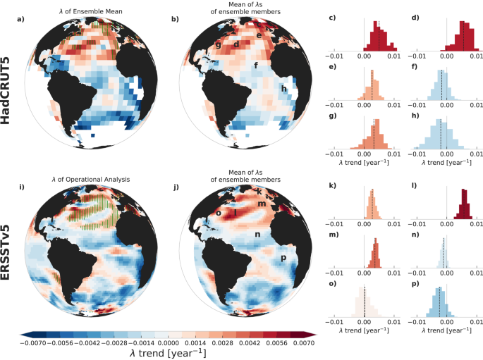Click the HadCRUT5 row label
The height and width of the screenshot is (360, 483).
(x=9, y=91)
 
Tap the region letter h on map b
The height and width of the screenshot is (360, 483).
(x=283, y=89)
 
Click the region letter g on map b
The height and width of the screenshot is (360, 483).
(x=219, y=46)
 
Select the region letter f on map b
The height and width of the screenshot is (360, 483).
(x=256, y=66)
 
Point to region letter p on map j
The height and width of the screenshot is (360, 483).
(x=283, y=258)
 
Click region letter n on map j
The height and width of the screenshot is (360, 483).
(x=257, y=234)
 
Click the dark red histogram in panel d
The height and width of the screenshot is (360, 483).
(x=463, y=41)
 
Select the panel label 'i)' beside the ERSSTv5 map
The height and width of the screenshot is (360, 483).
(x=21, y=187)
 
